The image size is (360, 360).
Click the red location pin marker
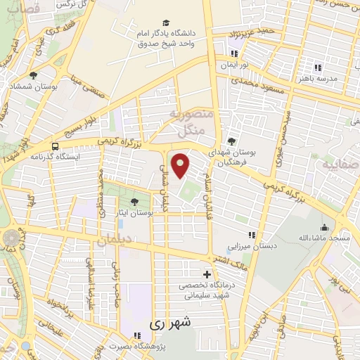(x=181, y=165)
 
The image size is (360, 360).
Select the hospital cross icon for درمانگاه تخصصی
(x=206, y=274)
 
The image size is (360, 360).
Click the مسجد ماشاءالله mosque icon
(x=324, y=227)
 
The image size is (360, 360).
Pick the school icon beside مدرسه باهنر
(x=317, y=67)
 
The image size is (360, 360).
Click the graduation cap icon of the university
(x=165, y=22)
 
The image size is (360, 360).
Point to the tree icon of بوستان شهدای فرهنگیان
(x=231, y=141)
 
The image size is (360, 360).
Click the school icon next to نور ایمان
(x=233, y=55)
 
